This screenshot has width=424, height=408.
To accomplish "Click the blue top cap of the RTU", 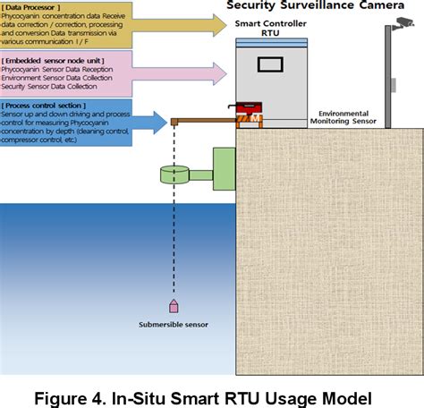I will pyautogui.click(x=270, y=41).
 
